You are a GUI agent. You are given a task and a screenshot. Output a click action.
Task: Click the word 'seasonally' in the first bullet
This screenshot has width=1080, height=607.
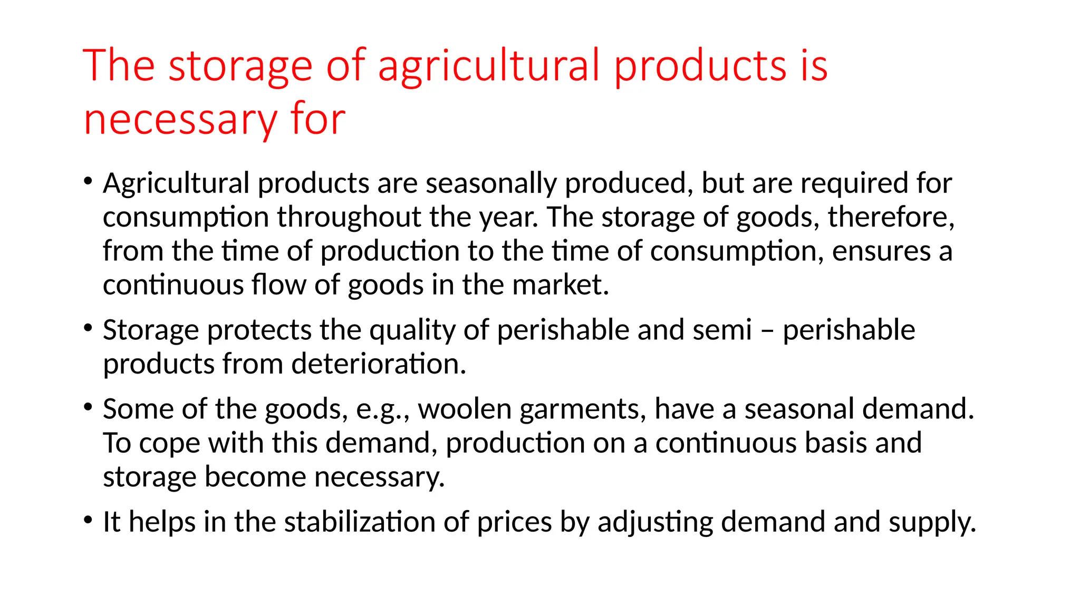click(x=490, y=184)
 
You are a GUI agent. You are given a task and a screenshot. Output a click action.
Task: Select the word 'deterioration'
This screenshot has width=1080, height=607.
click(x=378, y=364)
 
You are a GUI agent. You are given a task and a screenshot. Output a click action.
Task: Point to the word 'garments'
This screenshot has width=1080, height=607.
click(x=582, y=409)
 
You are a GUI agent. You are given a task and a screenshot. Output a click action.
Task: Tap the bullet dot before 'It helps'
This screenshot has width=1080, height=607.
click(x=88, y=520)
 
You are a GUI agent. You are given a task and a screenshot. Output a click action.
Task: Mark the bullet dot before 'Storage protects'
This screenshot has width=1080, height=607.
click(x=88, y=328)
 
